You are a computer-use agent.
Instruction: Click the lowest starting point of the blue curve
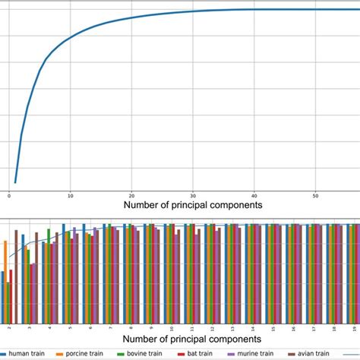click(x=14, y=182)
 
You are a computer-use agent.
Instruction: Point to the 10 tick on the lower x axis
click(x=172, y=328)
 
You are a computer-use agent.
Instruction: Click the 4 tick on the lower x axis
click(x=49, y=328)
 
